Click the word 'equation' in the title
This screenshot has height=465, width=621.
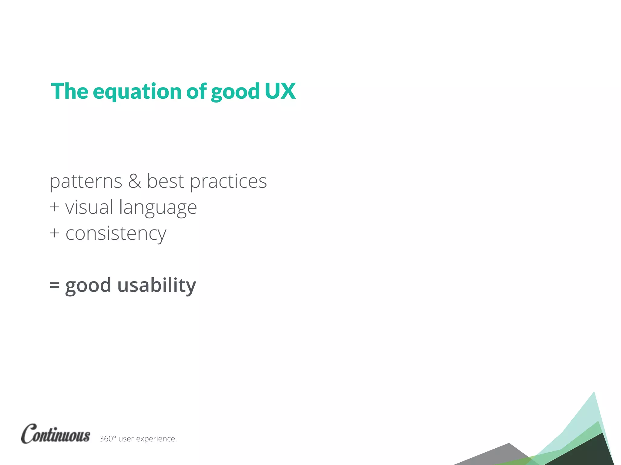(x=137, y=92)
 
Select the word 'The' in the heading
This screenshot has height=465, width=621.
(x=69, y=91)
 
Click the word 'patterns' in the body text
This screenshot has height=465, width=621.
(x=86, y=182)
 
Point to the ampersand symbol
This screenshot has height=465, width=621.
(x=134, y=181)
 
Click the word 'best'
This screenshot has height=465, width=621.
(x=165, y=181)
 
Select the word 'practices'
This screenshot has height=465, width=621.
(x=228, y=182)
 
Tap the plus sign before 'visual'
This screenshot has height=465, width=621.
(x=55, y=207)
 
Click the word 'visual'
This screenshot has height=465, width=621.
(x=89, y=207)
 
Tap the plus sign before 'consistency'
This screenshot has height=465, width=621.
(x=55, y=233)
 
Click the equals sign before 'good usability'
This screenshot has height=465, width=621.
(x=55, y=285)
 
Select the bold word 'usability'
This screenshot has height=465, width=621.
(x=156, y=285)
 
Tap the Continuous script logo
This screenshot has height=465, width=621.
(x=55, y=434)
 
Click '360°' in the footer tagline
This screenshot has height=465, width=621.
(x=107, y=439)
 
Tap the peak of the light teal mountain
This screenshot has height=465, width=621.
(x=593, y=394)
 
